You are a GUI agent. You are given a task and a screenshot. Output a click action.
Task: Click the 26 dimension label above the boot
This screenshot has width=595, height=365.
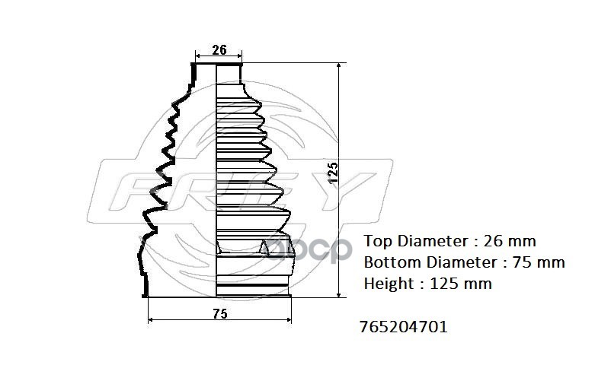(219, 49)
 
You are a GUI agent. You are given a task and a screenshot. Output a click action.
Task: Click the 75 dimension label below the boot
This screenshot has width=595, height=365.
(220, 313)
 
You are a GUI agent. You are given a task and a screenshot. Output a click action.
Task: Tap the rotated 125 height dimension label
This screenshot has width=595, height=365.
(332, 173)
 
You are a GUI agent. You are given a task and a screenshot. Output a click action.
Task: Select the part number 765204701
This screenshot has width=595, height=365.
(404, 326)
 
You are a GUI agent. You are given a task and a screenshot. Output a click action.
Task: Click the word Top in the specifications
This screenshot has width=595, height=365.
(379, 241)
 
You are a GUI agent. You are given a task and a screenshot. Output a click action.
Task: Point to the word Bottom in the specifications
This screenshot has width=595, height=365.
(392, 262)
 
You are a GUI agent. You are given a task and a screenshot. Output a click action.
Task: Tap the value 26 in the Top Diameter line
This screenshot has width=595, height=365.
(491, 241)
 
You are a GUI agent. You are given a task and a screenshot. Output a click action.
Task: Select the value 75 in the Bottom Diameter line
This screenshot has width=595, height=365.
(520, 262)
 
